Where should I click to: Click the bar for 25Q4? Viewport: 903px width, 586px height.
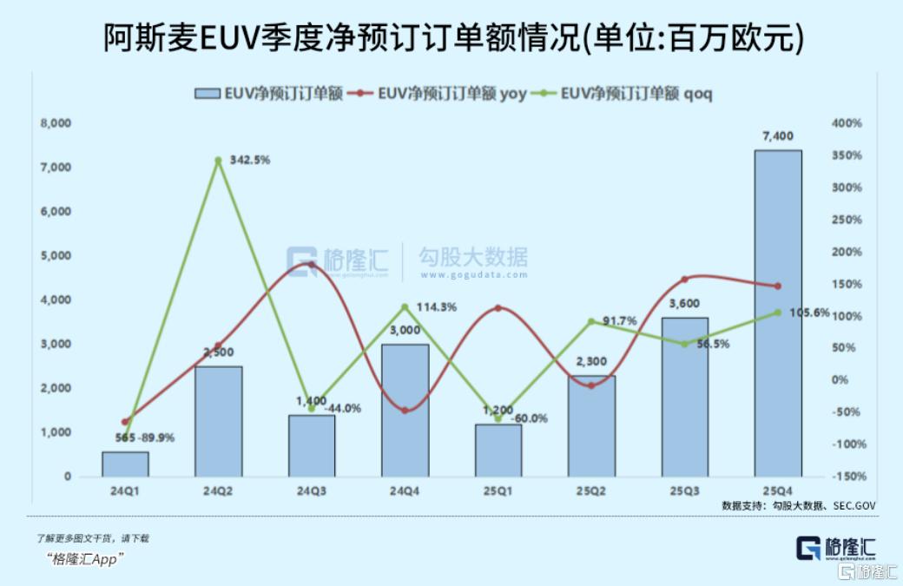click(x=777, y=313)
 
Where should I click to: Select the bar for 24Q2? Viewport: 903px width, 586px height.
click(x=218, y=421)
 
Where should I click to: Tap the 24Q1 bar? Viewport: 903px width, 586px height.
click(x=125, y=464)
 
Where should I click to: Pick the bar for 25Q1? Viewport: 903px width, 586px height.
click(x=498, y=450)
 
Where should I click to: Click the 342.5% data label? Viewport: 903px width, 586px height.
click(x=250, y=160)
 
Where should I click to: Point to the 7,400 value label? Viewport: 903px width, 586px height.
click(x=777, y=136)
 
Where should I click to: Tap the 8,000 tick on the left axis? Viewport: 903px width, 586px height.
click(x=56, y=123)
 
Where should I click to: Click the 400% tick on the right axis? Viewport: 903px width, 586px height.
click(x=847, y=123)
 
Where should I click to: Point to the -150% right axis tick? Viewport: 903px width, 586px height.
click(x=847, y=477)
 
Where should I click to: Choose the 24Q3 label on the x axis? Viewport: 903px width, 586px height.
click(x=312, y=491)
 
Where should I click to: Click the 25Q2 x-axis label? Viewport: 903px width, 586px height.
click(x=591, y=491)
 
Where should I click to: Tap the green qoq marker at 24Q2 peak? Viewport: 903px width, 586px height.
click(x=218, y=161)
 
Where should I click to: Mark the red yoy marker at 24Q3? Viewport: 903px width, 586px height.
click(x=312, y=264)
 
